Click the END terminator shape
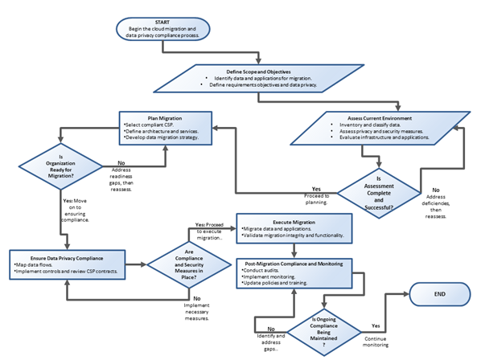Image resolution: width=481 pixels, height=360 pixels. (x=439, y=295)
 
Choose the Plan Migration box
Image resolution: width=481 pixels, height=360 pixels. (x=166, y=128)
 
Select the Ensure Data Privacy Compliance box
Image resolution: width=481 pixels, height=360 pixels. (x=68, y=264)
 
